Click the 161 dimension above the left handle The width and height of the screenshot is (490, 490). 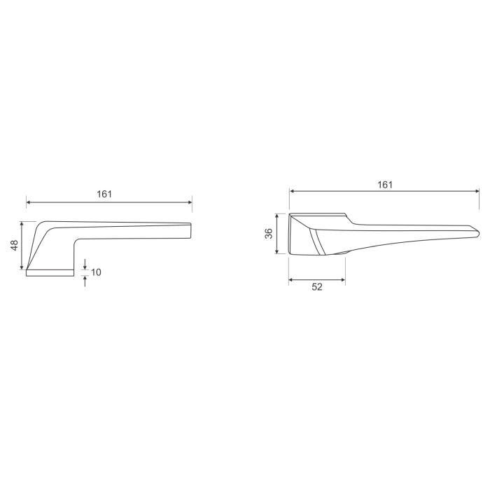click(x=104, y=194)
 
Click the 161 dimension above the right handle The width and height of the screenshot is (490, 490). click(x=384, y=184)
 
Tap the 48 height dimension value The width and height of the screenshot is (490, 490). click(x=13, y=245)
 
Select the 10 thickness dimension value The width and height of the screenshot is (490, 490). click(x=97, y=272)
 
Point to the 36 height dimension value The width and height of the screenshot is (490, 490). click(x=269, y=234)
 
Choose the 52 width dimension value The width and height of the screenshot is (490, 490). click(x=316, y=288)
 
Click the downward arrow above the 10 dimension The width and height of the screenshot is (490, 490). click(x=85, y=265)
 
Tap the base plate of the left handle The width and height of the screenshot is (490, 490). click(x=50, y=273)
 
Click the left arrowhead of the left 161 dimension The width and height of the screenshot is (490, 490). click(x=29, y=202)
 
